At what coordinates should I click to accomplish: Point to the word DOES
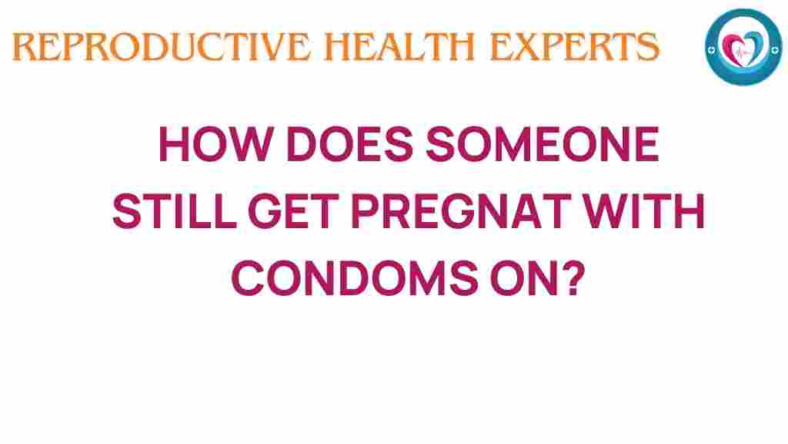332,146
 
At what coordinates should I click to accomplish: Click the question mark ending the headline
567,277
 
